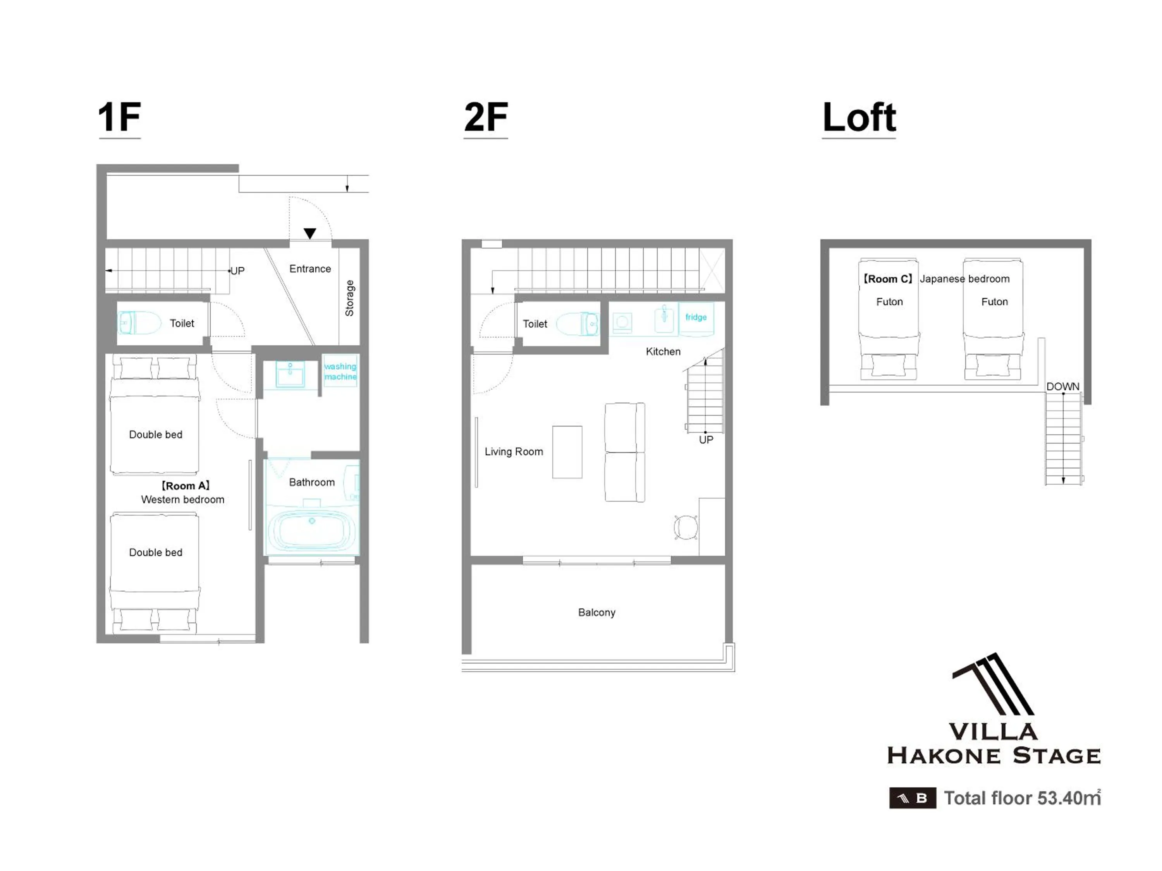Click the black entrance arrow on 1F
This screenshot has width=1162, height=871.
click(310, 233)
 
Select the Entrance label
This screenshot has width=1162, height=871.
click(310, 269)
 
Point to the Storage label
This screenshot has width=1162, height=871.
click(349, 298)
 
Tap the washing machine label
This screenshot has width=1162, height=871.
click(340, 371)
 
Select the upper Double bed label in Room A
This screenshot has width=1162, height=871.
click(155, 435)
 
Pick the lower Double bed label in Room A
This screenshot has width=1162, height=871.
click(155, 552)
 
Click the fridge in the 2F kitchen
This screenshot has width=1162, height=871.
click(696, 319)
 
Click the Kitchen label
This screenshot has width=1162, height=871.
click(663, 352)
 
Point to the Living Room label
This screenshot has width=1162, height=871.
click(514, 451)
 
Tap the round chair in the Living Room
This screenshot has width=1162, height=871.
click(686, 527)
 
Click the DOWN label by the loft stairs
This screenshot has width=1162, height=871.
click(1063, 386)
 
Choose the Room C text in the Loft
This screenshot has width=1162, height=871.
click(888, 279)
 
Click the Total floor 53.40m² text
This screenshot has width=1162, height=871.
click(1022, 797)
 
